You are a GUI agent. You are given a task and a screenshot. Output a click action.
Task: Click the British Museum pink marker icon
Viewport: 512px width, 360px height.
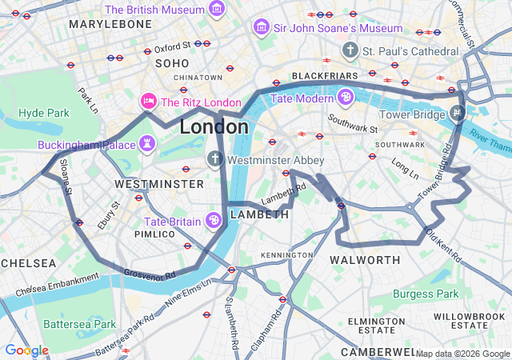click(216, 10)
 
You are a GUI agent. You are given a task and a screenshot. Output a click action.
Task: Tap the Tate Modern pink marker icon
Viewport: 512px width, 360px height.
click(345, 98)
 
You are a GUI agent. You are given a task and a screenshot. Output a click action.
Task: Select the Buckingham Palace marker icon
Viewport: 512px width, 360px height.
click(147, 145)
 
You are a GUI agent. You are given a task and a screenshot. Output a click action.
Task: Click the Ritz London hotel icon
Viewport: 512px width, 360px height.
click(148, 102)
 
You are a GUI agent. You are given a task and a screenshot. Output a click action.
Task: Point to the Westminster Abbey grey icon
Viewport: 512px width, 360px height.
click(214, 159)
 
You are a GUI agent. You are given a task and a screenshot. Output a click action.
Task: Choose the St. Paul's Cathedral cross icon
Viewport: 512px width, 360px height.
click(349, 51)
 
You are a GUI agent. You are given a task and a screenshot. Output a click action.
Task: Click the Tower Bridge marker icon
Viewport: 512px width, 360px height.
click(457, 112)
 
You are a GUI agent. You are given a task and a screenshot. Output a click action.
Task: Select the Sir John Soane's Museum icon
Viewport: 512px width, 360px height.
click(261, 28)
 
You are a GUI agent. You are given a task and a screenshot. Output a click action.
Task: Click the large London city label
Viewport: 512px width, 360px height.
click(214, 127)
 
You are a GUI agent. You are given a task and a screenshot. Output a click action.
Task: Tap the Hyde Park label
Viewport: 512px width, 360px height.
click(44, 113)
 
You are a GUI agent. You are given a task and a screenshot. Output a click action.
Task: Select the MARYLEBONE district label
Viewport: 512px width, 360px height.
click(110, 25)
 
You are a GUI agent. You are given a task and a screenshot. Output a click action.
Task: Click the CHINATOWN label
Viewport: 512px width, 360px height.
click(198, 78)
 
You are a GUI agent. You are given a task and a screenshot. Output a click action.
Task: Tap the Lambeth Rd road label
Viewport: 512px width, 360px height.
click(284, 194)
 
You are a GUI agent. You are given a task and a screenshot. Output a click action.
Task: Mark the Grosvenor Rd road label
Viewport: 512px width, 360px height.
click(150, 274)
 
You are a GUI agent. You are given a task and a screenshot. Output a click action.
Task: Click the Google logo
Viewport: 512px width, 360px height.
click(26, 350)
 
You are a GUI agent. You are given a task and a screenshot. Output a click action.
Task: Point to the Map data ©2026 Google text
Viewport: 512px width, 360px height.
click(462, 354)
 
